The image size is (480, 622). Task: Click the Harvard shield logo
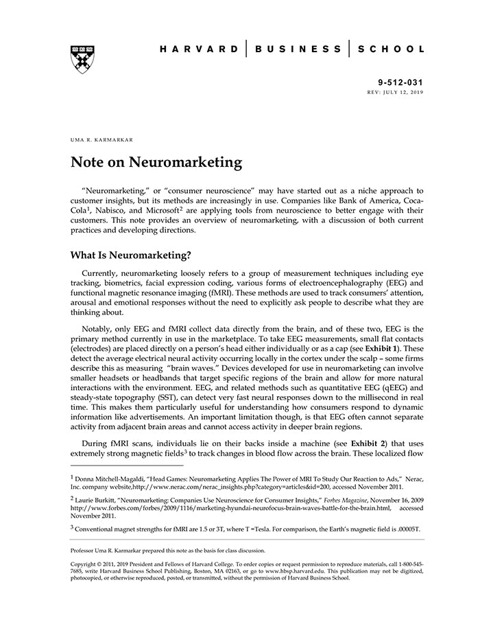(x=82, y=59)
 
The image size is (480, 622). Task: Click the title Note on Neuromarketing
(x=156, y=163)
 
